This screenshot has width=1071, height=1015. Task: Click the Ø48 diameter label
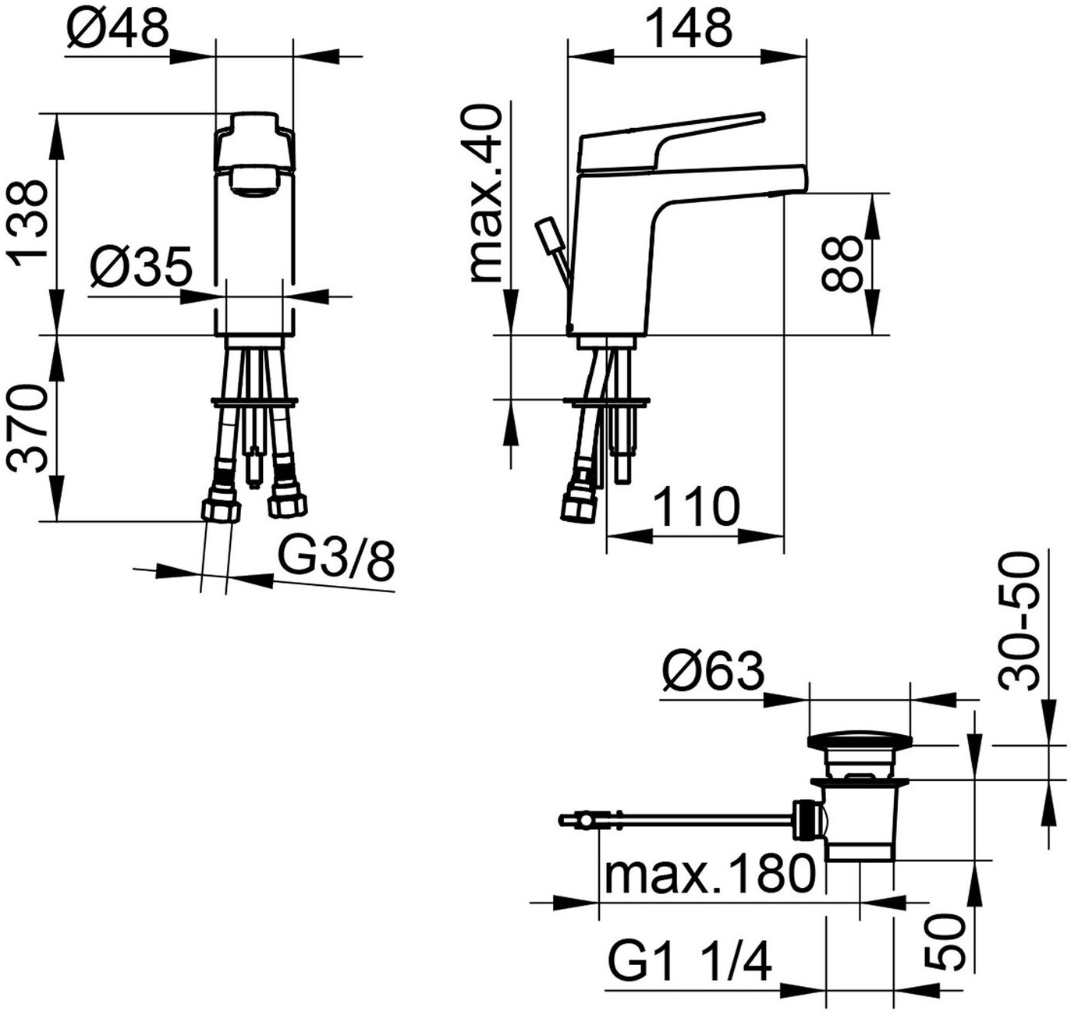pyautogui.click(x=118, y=26)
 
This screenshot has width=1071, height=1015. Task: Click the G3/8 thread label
pyautogui.click(x=335, y=560)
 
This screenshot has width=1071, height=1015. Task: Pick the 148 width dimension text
pyautogui.click(x=689, y=27)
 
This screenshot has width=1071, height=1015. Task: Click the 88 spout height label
pyautogui.click(x=842, y=264)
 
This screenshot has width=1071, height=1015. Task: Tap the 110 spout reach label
pyautogui.click(x=697, y=506)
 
